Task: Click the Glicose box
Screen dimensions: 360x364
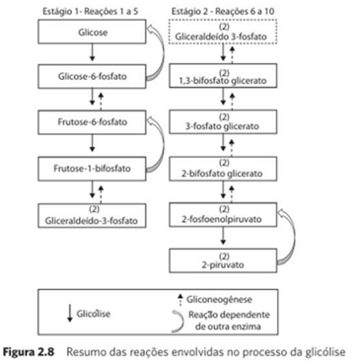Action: coord(92,32)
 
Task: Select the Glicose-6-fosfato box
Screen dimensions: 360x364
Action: coord(92,76)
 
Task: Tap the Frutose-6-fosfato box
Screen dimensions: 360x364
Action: coord(92,122)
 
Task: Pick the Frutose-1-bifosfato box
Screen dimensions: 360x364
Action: coord(92,169)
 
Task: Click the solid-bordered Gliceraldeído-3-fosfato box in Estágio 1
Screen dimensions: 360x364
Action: coord(92,216)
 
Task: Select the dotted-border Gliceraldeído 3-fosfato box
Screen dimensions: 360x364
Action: coord(223,32)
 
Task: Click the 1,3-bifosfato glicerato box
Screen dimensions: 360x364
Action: coord(223,76)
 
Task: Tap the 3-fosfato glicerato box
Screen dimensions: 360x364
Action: coord(223,122)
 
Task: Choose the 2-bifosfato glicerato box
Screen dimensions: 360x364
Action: coord(223,169)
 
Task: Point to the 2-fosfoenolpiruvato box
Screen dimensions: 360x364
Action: coord(223,215)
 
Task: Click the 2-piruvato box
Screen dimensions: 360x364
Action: coord(223,260)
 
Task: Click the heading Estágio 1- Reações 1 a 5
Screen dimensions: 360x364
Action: coord(91,12)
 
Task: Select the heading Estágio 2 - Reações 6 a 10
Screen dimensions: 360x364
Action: coord(223,12)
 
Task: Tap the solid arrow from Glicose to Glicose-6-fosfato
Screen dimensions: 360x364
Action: coord(93,52)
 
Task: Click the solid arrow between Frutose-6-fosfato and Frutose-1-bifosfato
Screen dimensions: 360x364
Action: coord(93,143)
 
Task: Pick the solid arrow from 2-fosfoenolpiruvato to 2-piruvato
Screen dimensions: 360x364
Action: coord(224,236)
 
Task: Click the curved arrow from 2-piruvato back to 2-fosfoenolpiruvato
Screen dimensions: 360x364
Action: coord(294,237)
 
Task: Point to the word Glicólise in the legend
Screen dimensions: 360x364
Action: coord(94,314)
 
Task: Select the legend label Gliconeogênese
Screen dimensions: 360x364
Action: coord(219,300)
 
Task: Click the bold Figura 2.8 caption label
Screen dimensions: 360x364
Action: coord(29,352)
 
